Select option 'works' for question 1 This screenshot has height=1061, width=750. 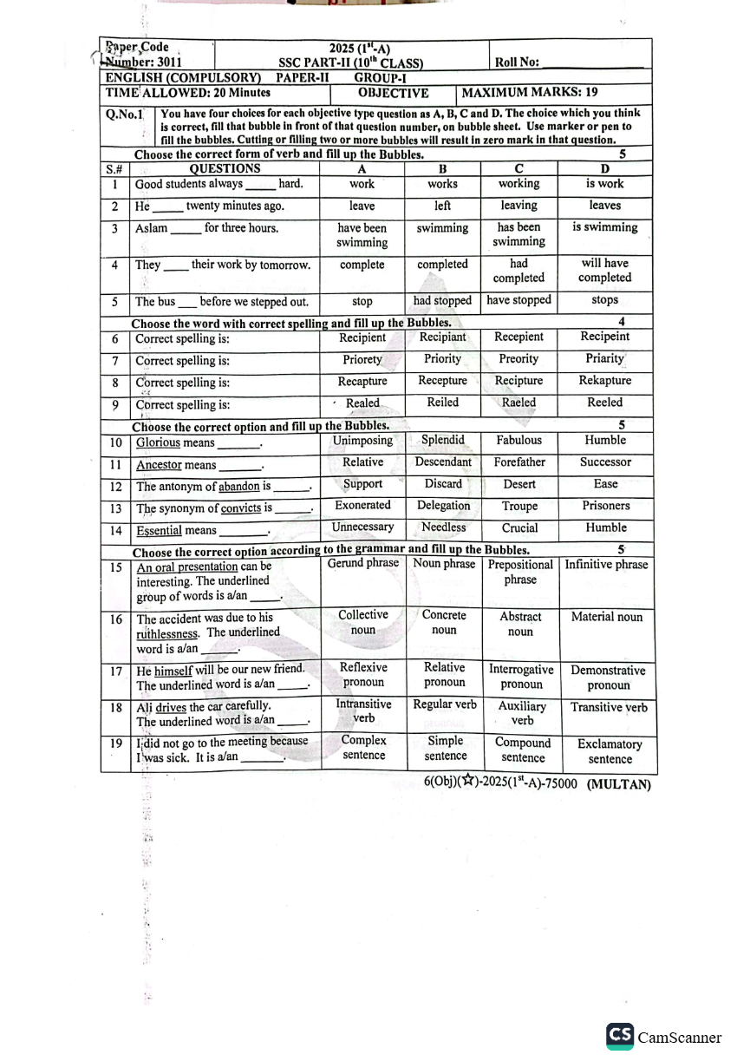tap(442, 184)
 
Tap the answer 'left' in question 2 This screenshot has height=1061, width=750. tap(442, 206)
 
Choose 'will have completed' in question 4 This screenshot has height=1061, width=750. tap(604, 271)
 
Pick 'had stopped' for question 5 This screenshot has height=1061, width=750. tap(442, 301)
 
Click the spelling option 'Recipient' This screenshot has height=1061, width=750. tap(362, 337)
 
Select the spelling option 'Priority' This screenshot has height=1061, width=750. tap(442, 359)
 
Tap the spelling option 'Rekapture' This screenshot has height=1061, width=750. tap(604, 381)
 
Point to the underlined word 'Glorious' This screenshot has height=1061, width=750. tap(158, 442)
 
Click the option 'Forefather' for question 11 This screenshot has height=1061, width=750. tap(519, 462)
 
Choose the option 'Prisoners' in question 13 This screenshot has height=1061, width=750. tap(605, 506)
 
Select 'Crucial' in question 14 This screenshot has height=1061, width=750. tap(519, 527)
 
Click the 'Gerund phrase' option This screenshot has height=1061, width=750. tap(362, 564)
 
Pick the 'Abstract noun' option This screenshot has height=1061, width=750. tap(520, 624)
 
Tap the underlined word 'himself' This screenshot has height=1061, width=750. tap(173, 670)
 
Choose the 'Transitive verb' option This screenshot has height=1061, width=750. tap(609, 708)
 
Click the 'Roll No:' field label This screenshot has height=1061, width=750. tap(517, 62)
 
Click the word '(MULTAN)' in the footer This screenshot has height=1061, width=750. tap(618, 783)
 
